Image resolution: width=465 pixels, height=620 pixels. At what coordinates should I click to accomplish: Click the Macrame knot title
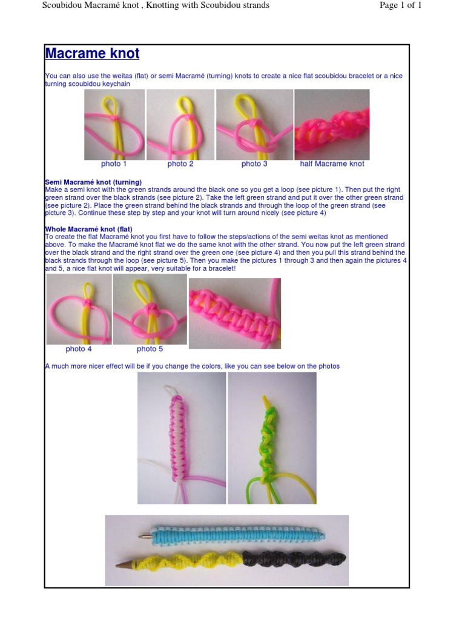coord(92,53)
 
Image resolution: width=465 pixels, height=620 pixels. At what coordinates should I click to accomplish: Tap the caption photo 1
coord(113,163)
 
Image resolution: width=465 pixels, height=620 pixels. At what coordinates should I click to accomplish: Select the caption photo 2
coord(180,163)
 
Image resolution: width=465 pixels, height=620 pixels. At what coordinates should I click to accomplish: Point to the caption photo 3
coord(254,163)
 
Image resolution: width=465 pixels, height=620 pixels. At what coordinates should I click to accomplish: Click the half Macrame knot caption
coord(332,163)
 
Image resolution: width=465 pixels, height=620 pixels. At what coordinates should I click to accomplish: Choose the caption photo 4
coord(79,349)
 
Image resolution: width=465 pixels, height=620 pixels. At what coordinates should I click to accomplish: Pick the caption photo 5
coord(150,349)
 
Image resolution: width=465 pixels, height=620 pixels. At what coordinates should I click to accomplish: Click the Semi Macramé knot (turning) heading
coord(93,182)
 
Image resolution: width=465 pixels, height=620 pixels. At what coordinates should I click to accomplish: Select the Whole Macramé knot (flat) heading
coord(88,229)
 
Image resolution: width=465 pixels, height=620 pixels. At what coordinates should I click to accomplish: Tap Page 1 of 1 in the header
coord(401,5)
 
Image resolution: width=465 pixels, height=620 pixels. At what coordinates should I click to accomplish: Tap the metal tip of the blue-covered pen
coord(145,536)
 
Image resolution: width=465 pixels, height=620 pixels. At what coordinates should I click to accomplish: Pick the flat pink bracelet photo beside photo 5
coord(235,313)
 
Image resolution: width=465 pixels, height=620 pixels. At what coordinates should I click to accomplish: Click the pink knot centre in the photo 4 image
coord(88,303)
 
